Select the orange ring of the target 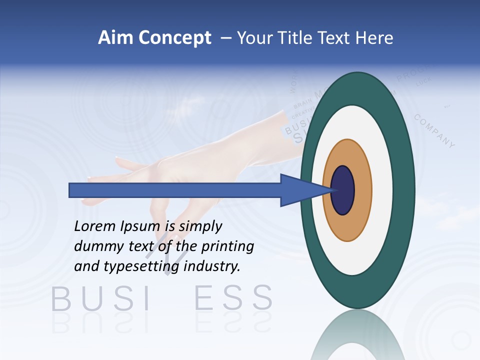[x=363, y=190]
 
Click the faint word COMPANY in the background [x=434, y=131]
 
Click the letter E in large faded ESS [x=203, y=298]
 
